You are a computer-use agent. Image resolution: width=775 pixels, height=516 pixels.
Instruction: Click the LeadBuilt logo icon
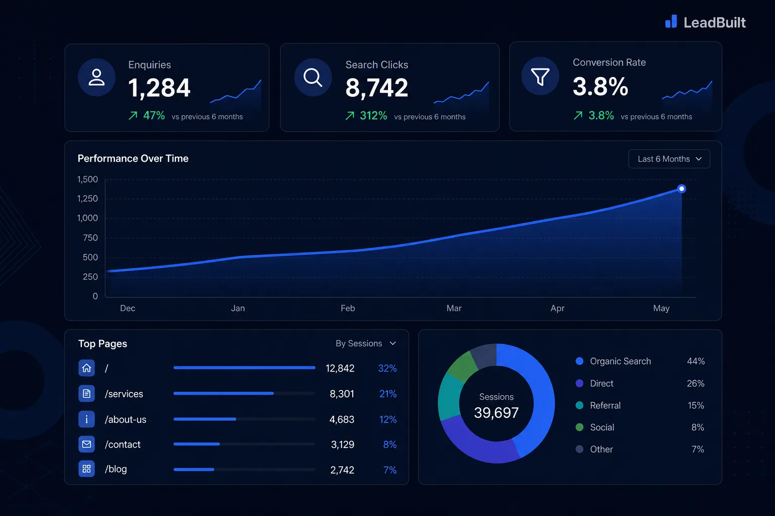point(671,22)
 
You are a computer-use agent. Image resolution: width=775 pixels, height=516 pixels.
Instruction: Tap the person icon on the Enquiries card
point(96,77)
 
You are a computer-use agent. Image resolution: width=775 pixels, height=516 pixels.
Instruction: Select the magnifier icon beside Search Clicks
point(313,77)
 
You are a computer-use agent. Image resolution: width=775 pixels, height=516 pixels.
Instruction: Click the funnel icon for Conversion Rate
point(540,76)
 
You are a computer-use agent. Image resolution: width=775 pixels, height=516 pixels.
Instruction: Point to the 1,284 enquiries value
point(159,88)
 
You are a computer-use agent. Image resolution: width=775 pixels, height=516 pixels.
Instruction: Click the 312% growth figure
point(373,115)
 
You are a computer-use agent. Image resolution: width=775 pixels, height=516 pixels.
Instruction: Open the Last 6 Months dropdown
point(669,159)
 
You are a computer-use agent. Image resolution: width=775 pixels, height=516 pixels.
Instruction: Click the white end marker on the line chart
point(681,188)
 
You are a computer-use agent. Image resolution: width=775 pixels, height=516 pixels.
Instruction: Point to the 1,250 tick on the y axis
point(87,199)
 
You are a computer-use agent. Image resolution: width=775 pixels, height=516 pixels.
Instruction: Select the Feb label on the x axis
point(348,308)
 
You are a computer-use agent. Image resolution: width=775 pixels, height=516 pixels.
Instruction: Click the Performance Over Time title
point(133,158)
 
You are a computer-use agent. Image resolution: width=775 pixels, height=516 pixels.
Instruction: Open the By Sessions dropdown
point(366,343)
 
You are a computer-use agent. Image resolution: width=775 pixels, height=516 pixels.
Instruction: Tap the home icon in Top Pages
point(86,368)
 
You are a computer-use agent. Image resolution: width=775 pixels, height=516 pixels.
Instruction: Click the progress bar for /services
point(244,394)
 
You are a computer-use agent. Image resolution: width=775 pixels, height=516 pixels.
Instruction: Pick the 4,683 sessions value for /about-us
point(342,419)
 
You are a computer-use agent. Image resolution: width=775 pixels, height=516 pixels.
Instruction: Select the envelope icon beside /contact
point(86,444)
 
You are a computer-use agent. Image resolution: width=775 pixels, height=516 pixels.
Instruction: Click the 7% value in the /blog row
point(390,470)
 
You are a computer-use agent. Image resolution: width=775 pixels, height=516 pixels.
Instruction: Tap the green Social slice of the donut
point(462,366)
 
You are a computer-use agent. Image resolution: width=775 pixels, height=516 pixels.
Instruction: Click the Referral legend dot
point(579,405)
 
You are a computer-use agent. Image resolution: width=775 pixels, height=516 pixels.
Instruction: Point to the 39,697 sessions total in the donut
point(496,413)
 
